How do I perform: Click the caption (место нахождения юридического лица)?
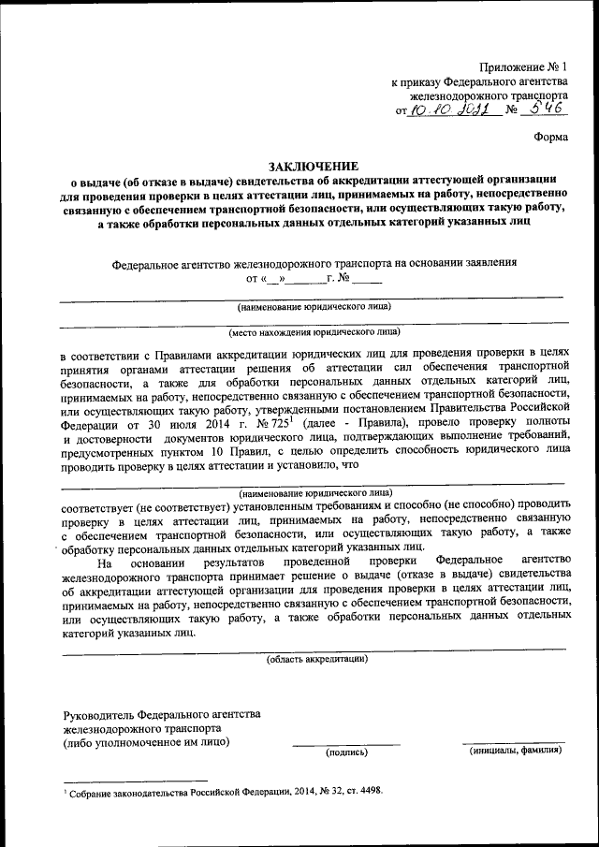pyautogui.click(x=314, y=331)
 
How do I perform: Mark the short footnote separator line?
pyautogui.click(x=135, y=781)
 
